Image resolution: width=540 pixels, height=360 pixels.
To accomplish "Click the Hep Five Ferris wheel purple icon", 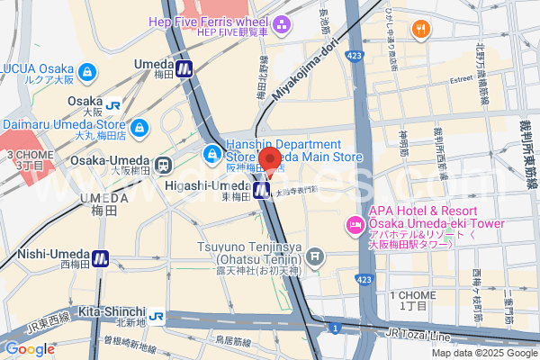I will (282, 25).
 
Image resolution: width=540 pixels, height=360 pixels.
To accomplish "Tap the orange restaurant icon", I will (420, 30).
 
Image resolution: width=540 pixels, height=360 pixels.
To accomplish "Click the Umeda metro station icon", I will (184, 67).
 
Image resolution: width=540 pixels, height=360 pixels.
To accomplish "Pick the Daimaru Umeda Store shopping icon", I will (139, 129).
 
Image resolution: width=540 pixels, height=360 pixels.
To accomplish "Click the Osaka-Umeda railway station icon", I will (163, 166).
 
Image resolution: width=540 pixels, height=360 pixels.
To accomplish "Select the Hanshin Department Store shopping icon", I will (212, 154).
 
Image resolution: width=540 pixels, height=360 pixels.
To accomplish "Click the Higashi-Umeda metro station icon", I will (262, 190).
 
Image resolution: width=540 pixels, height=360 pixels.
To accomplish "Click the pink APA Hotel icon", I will (354, 224).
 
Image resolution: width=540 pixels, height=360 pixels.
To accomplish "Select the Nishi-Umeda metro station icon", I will (100, 258).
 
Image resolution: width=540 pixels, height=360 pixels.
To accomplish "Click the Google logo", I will (30, 349).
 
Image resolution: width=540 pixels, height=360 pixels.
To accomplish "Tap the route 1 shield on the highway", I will (334, 328).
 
